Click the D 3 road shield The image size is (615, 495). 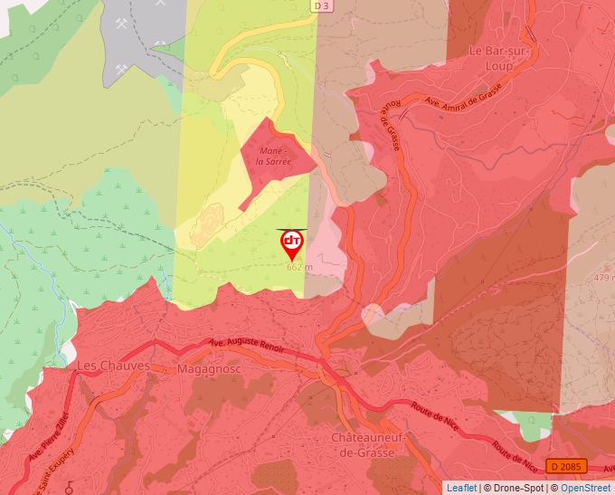[321, 6]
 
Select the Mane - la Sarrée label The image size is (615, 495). [274, 156]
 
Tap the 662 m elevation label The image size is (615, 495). [299, 267]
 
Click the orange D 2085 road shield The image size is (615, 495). [568, 466]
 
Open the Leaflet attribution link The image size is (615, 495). [461, 488]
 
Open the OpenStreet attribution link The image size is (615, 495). [585, 488]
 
